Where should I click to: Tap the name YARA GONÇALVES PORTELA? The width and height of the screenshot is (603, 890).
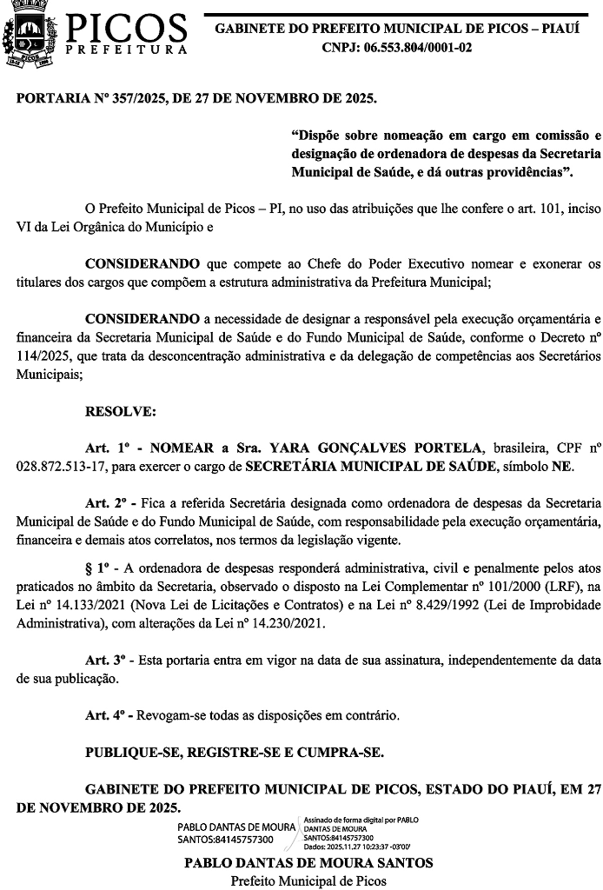(x=376, y=448)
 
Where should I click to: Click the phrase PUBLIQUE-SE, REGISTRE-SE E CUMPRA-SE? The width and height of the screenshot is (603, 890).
(x=235, y=752)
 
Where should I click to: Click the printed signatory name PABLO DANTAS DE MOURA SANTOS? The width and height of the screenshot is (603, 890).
(x=308, y=863)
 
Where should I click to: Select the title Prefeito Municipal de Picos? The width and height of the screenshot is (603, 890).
(x=308, y=880)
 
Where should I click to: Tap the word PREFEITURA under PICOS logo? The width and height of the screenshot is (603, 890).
(x=127, y=50)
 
